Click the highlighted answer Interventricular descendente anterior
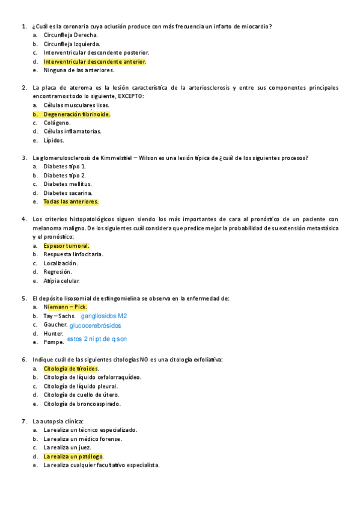click(94, 61)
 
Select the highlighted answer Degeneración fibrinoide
click(76, 114)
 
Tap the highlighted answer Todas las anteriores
click(71, 201)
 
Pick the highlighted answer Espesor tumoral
click(66, 245)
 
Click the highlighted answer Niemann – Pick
click(65, 307)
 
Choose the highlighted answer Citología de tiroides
click(70, 368)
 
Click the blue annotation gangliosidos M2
click(103, 316)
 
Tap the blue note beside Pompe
click(97, 339)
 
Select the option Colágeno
click(57, 123)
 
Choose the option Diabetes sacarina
click(68, 192)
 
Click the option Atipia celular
click(61, 281)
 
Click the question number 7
click(23, 421)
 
